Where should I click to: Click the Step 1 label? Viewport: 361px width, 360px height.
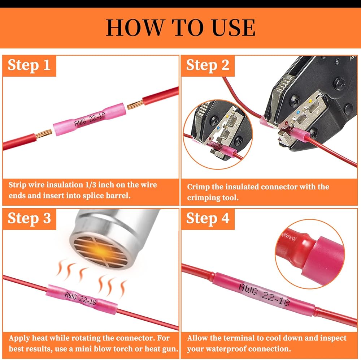[29, 65]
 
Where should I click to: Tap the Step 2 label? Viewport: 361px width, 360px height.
[208, 65]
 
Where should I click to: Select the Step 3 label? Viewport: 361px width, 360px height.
[29, 218]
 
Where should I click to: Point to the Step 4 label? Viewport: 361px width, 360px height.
[208, 218]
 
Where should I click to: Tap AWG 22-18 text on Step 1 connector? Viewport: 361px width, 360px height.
[90, 120]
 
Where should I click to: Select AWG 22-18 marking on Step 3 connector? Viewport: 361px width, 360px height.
[81, 299]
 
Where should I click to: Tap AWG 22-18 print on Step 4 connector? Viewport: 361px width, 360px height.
[264, 295]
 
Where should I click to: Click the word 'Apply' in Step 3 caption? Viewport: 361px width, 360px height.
[19, 338]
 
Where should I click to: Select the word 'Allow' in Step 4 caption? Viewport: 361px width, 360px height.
[197, 338]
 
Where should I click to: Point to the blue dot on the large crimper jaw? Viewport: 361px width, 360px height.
[299, 112]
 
